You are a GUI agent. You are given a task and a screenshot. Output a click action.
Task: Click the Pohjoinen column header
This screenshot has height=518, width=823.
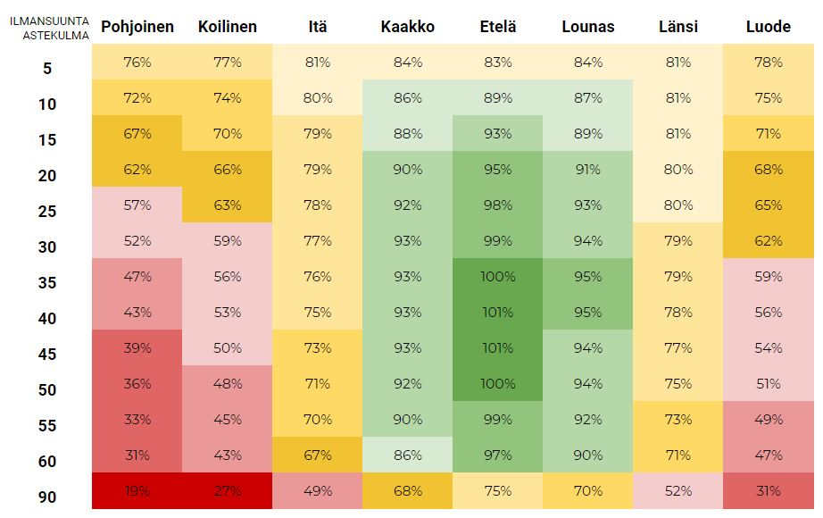[x=137, y=27]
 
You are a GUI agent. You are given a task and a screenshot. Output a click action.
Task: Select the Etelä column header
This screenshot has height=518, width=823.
[x=497, y=27]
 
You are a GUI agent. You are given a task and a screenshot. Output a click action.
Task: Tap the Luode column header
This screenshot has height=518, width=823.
[x=768, y=27]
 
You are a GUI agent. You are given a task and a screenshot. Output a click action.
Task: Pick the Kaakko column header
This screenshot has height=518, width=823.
[x=407, y=27]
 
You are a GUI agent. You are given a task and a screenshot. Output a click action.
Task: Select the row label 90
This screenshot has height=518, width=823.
[x=47, y=497]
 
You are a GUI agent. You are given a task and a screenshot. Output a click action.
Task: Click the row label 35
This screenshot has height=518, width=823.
[x=47, y=283]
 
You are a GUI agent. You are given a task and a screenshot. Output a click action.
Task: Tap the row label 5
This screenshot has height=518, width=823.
[x=47, y=69]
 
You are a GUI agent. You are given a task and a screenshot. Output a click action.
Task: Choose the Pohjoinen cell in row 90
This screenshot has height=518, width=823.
[x=137, y=491]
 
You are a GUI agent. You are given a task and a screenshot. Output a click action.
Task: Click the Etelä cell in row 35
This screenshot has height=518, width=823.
[x=497, y=277]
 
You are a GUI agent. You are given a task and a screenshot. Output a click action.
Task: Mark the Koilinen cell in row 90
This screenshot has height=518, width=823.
[x=227, y=491]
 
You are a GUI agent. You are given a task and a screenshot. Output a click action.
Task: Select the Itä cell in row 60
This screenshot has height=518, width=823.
[x=317, y=455]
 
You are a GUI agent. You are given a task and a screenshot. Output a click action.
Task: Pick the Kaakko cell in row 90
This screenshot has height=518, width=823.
[x=407, y=491]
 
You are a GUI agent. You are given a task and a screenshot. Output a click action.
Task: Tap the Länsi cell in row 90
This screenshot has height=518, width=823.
[x=678, y=491]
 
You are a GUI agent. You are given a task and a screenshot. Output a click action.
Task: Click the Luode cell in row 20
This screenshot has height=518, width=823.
[x=768, y=170]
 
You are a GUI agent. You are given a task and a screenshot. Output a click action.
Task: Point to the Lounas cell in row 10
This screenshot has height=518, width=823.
[x=587, y=98]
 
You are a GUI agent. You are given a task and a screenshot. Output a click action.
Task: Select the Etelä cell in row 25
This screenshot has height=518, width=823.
[x=497, y=205]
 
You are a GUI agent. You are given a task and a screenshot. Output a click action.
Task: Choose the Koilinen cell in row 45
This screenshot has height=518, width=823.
[x=227, y=348]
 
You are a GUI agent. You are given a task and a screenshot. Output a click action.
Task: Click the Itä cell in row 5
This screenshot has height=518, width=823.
[x=317, y=63]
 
